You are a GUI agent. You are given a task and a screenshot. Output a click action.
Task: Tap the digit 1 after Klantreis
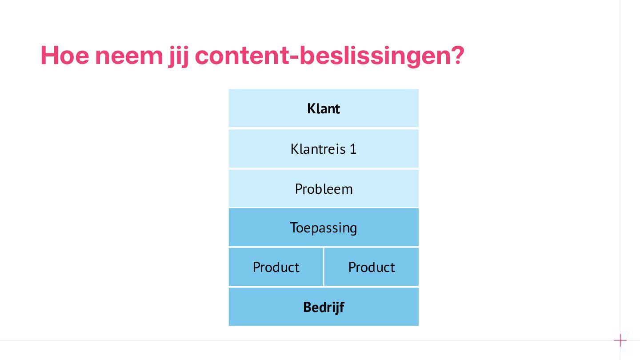pos(353,148)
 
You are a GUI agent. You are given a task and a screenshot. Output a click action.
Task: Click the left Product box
pos(276,267)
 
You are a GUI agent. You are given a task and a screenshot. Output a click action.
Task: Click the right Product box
pos(372,267)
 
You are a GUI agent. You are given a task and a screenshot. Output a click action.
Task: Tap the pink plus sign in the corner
pos(620,341)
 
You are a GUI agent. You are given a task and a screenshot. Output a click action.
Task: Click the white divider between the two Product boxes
pos(324,267)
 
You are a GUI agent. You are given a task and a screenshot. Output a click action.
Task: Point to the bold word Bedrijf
pos(324,307)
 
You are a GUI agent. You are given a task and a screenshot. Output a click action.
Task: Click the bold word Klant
pos(324,108)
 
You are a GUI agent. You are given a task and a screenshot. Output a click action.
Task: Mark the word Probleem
pos(324,189)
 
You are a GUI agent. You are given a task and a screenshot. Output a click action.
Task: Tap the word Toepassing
pos(324,228)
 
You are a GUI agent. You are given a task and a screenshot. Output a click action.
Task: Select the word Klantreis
pos(318,148)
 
